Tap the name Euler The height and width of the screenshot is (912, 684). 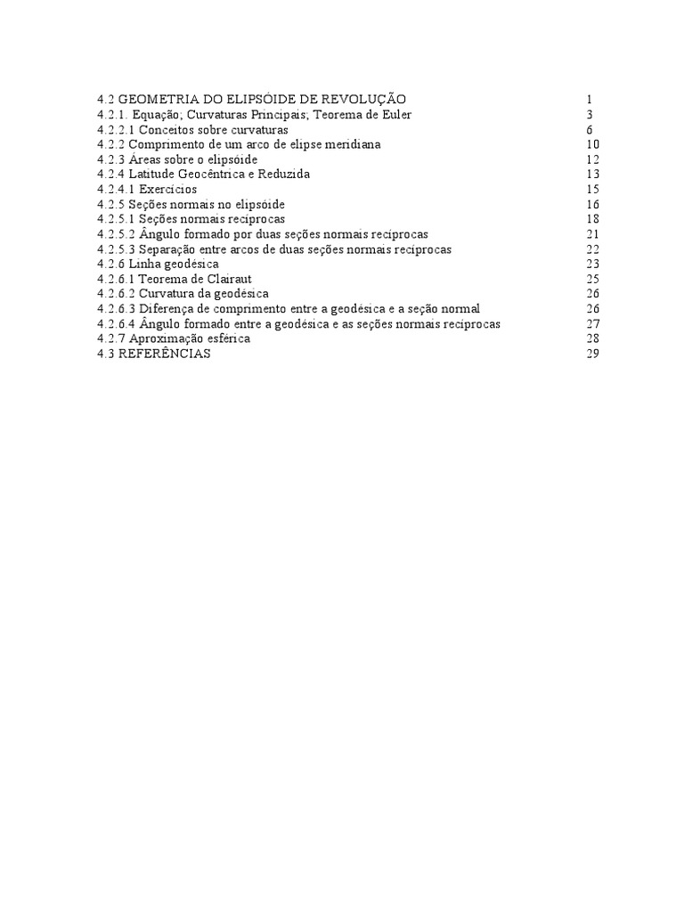click(x=395, y=114)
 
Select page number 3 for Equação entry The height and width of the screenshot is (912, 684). click(x=590, y=114)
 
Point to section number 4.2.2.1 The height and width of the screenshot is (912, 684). click(x=121, y=129)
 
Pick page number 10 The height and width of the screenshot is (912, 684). click(x=592, y=144)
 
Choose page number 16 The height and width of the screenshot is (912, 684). click(x=592, y=204)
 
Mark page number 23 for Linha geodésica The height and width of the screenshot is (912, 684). click(x=592, y=264)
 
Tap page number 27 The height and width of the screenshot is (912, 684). click(x=592, y=324)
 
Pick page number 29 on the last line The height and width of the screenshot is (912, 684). click(x=592, y=354)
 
